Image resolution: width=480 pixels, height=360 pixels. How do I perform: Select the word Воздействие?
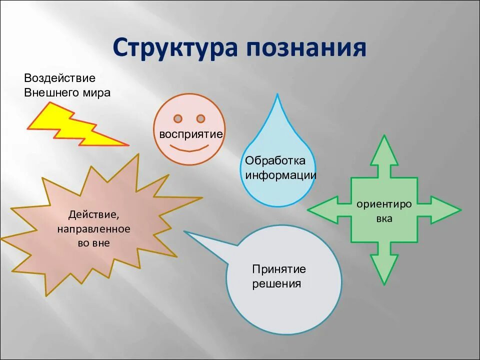pos(59,78)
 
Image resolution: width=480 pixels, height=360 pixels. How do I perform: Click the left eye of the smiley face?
pos(177,118)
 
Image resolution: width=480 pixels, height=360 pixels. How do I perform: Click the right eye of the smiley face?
pos(200,118)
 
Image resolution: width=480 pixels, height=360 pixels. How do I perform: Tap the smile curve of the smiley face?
pos(189,149)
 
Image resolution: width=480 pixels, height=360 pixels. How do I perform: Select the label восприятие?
pos(190,134)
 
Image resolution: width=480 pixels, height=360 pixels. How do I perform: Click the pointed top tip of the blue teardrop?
pos(277,96)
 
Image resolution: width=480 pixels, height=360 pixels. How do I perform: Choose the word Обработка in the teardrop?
pos(274,161)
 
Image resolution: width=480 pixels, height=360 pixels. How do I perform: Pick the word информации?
pos(280,175)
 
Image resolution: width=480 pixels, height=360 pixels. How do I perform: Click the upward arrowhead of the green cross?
pos(384,150)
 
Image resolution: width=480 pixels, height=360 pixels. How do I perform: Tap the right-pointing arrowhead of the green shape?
pos(445,210)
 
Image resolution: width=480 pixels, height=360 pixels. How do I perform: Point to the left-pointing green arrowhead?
pos(323,210)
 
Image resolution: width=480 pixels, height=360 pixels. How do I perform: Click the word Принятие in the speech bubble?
pos(279,269)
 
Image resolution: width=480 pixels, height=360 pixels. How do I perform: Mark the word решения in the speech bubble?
pos(276,284)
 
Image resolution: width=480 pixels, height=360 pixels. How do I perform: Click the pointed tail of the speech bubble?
pos(187,232)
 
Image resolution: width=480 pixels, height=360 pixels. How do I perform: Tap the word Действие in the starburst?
pos(94,215)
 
